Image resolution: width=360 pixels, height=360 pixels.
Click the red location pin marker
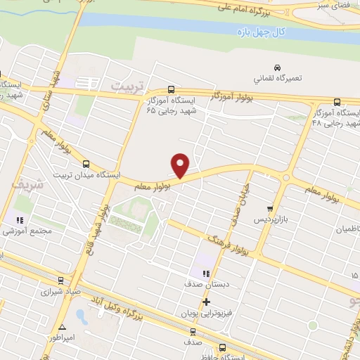click(181, 165)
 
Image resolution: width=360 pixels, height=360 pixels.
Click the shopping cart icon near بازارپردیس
click(270, 209)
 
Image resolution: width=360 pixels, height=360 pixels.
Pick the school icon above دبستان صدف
click(205, 274)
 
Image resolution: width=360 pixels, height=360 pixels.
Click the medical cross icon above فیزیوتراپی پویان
click(206, 302)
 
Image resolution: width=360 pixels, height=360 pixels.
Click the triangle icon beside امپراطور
click(62, 328)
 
